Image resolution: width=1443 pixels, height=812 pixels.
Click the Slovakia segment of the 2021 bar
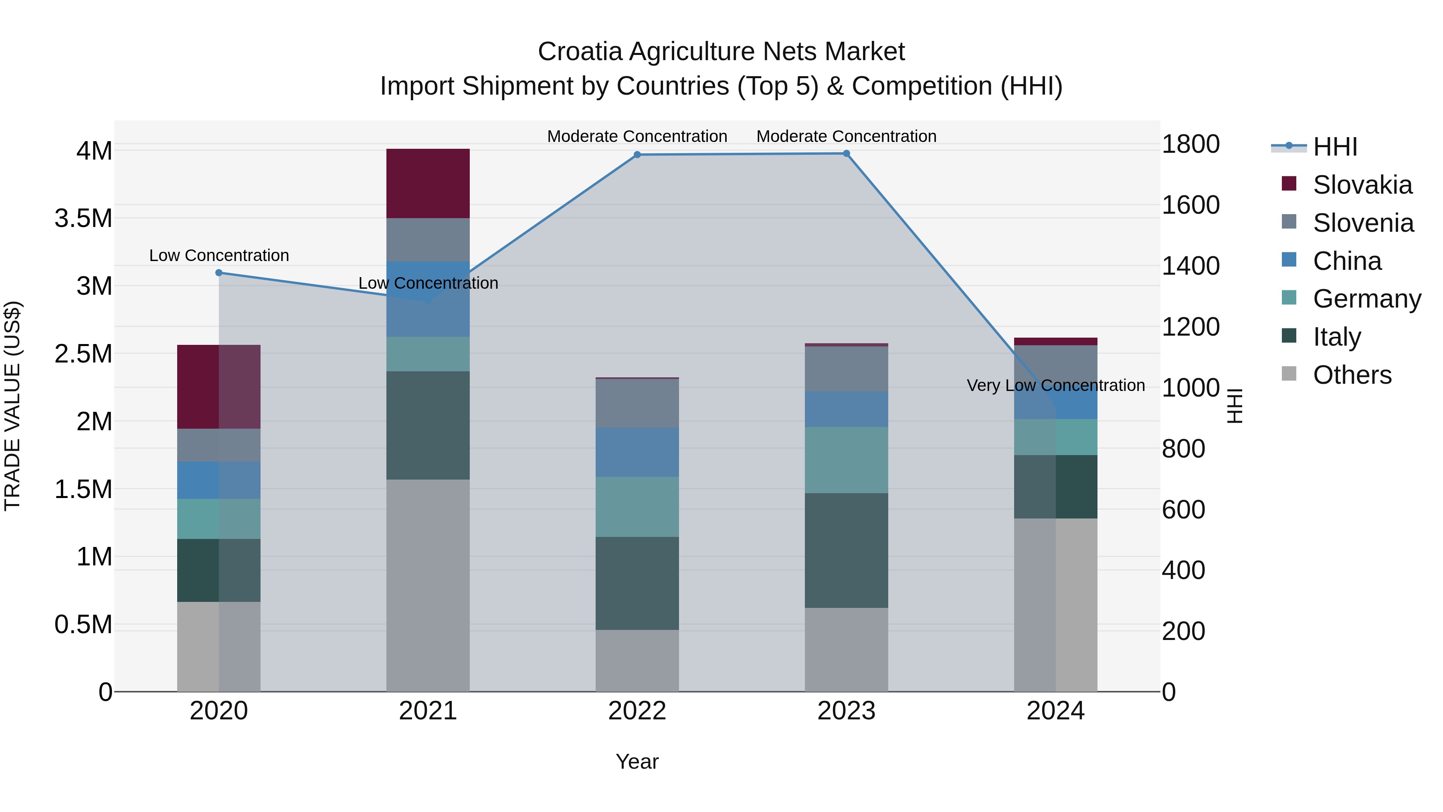pyautogui.click(x=428, y=183)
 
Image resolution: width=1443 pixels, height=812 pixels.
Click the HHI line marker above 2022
pyautogui.click(x=637, y=155)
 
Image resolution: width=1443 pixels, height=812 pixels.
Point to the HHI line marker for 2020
pyautogui.click(x=219, y=273)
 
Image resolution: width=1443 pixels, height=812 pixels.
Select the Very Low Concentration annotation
pyautogui.click(x=1055, y=385)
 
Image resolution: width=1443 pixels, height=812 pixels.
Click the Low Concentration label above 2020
pyautogui.click(x=219, y=255)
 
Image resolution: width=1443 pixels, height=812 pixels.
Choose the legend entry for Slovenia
pyautogui.click(x=1363, y=223)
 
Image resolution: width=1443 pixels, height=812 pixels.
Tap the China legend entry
pyautogui.click(x=1347, y=261)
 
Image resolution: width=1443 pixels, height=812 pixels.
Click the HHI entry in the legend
pyautogui.click(x=1334, y=147)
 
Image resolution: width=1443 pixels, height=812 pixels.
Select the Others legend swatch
pyautogui.click(x=1289, y=374)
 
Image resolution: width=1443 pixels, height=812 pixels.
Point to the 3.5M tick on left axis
pyautogui.click(x=83, y=218)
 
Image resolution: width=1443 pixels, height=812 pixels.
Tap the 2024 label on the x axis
pyautogui.click(x=1055, y=711)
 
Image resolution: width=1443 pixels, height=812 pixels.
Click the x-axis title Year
pyautogui.click(x=637, y=761)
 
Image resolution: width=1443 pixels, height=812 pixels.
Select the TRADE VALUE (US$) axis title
pyautogui.click(x=12, y=406)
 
